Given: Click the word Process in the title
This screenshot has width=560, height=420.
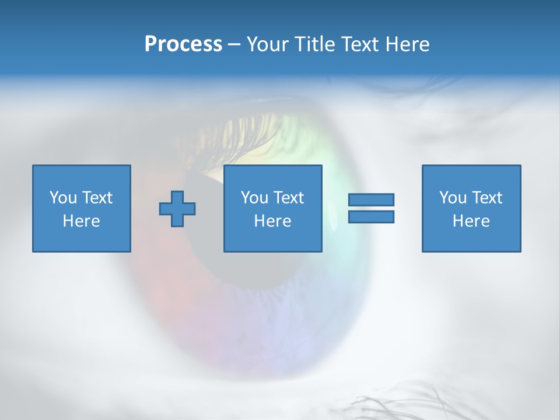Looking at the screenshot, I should click(x=183, y=44).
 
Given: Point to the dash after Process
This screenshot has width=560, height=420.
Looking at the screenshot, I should click(x=234, y=45).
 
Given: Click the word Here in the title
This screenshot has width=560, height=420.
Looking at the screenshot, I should click(x=407, y=44).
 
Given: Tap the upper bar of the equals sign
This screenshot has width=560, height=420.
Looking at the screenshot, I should click(x=371, y=199).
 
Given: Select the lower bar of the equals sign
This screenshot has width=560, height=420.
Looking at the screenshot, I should click(x=371, y=217).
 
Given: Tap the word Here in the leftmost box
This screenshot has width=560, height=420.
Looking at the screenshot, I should click(x=81, y=221).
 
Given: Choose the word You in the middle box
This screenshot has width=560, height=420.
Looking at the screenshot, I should click(x=254, y=198).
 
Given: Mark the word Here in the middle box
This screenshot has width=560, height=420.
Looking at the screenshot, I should click(x=272, y=221).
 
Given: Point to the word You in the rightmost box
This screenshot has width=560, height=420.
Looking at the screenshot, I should click(x=453, y=198).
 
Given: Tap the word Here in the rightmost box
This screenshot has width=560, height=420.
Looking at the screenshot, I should click(x=471, y=221).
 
